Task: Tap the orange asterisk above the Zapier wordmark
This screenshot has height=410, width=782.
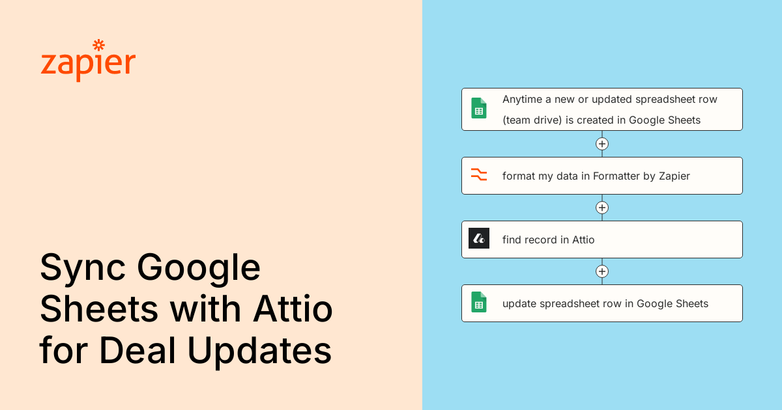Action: pyautogui.click(x=99, y=45)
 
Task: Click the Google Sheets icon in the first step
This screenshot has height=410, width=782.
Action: pyautogui.click(x=479, y=109)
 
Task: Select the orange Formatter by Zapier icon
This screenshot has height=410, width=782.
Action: pyautogui.click(x=479, y=175)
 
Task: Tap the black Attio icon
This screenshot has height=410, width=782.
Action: pyautogui.click(x=479, y=239)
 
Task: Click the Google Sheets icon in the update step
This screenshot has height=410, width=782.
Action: pyautogui.click(x=479, y=303)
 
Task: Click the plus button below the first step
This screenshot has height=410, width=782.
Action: pyautogui.click(x=602, y=144)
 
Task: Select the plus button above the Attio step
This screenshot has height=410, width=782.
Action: pyautogui.click(x=602, y=208)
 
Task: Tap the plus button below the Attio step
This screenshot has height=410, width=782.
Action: pyautogui.click(x=602, y=271)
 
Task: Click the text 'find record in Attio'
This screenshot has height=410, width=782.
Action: pyautogui.click(x=548, y=239)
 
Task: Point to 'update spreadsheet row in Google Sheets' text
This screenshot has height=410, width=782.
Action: pyautogui.click(x=605, y=303)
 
